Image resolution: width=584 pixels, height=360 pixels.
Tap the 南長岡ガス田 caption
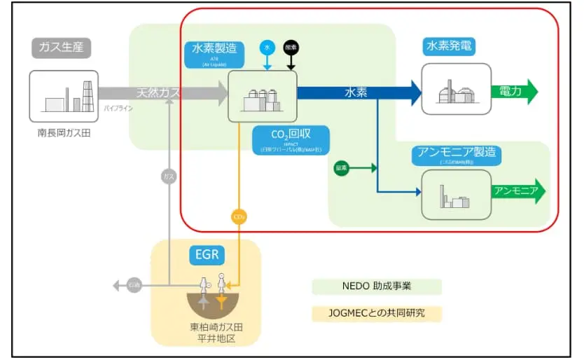click(x=64, y=132)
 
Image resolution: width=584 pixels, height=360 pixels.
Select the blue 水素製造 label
click(x=214, y=48)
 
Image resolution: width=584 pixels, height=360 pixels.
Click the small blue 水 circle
click(x=266, y=47)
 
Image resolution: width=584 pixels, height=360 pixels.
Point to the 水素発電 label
click(x=449, y=47)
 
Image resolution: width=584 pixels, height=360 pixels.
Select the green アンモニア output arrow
click(x=518, y=191)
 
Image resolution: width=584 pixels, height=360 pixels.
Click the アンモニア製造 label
click(x=459, y=152)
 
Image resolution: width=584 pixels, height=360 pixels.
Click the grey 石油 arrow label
click(x=134, y=285)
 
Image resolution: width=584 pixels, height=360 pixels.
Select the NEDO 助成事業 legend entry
click(x=377, y=286)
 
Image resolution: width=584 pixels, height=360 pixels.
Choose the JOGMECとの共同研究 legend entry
click(x=377, y=312)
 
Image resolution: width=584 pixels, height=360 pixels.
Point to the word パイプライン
click(x=118, y=109)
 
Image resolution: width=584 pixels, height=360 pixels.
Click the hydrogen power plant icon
click(x=456, y=89)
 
